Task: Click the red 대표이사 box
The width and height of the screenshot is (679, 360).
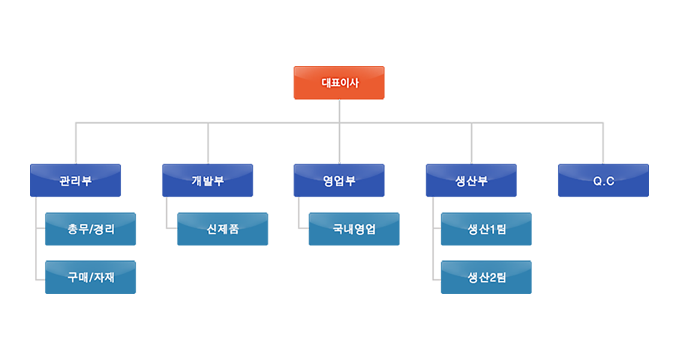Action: pyautogui.click(x=339, y=83)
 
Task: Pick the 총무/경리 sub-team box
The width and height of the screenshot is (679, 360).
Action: pyautogui.click(x=91, y=229)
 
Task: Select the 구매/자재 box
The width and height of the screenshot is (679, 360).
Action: pyautogui.click(x=91, y=278)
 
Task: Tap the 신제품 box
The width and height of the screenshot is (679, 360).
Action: pyautogui.click(x=223, y=229)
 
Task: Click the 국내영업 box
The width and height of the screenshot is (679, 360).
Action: pyautogui.click(x=354, y=229)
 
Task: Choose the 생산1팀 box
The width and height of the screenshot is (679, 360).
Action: pyautogui.click(x=486, y=229)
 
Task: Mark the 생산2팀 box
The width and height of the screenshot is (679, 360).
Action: pyautogui.click(x=486, y=278)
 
